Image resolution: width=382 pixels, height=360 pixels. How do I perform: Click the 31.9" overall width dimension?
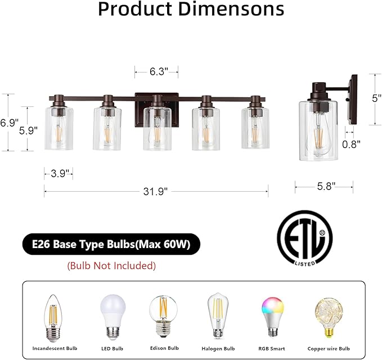(156, 192)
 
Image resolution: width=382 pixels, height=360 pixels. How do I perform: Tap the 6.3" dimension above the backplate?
(156, 71)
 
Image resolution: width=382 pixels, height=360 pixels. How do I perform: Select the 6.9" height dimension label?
(10, 122)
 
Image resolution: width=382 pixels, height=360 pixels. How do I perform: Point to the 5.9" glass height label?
(28, 130)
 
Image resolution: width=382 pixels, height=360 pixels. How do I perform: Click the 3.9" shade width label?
(59, 174)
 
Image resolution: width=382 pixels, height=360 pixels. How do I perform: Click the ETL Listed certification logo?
(304, 236)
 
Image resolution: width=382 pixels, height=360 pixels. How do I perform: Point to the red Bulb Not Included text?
(111, 265)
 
